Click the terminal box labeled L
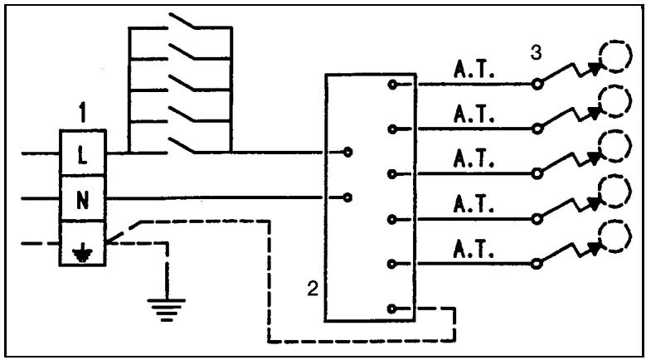coord(81,154)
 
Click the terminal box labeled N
coord(81,199)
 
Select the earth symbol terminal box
coord(81,245)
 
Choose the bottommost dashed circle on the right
coord(615,234)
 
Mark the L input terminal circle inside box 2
coord(347,153)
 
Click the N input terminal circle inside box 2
coord(347,197)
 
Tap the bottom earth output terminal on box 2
coord(391,309)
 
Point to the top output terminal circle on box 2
coord(391,85)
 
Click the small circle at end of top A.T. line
coord(537,85)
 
